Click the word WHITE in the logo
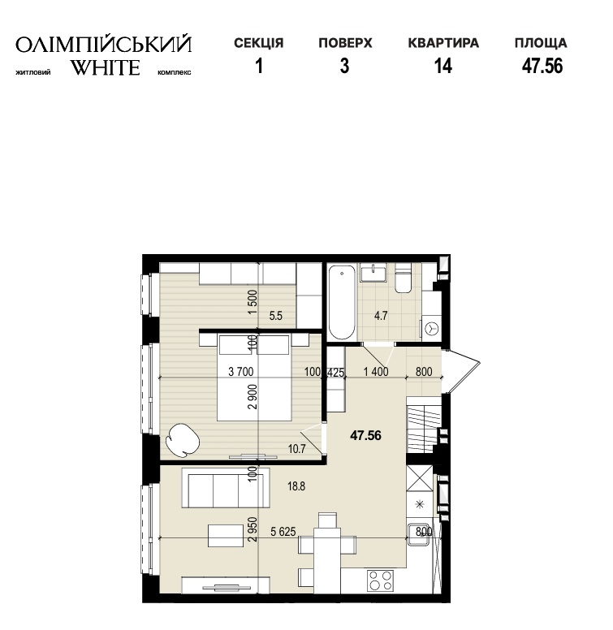pyautogui.click(x=106, y=67)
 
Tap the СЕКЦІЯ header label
pyautogui.click(x=259, y=43)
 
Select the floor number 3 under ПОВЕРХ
pyautogui.click(x=345, y=66)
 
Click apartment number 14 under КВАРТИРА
pyautogui.click(x=443, y=66)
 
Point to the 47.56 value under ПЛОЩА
pyautogui.click(x=542, y=66)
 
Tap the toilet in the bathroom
pyautogui.click(x=403, y=278)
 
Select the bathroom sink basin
pyautogui.click(x=373, y=273)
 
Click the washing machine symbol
pyautogui.click(x=431, y=329)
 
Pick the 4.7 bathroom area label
pyautogui.click(x=381, y=316)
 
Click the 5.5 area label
pyautogui.click(x=276, y=316)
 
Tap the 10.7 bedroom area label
pyautogui.click(x=297, y=449)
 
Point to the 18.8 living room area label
pyautogui.click(x=296, y=486)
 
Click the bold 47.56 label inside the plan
pyautogui.click(x=365, y=435)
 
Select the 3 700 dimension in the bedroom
pyautogui.click(x=241, y=372)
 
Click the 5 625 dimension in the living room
pyautogui.click(x=283, y=532)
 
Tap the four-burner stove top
pyautogui.click(x=381, y=580)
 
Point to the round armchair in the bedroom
pyautogui.click(x=183, y=440)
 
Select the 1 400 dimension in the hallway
pyautogui.click(x=376, y=372)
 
